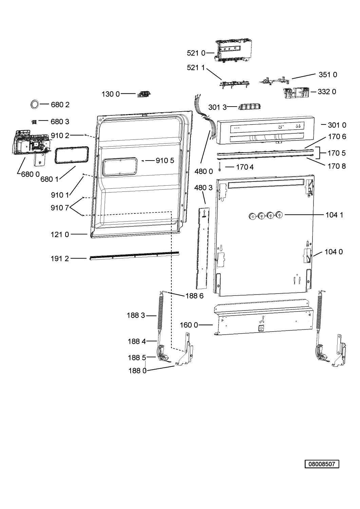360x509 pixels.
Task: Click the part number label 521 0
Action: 196,53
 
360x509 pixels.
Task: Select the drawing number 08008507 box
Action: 322,464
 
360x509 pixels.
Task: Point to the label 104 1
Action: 334,215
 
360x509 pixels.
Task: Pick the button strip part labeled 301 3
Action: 249,107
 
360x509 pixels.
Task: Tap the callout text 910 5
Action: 165,161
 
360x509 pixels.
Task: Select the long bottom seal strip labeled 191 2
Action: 134,256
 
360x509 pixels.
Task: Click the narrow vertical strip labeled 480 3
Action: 203,248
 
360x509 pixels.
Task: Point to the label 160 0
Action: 189,325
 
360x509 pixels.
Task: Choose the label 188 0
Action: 137,371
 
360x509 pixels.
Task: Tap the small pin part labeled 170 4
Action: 220,167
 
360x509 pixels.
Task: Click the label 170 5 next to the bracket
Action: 336,153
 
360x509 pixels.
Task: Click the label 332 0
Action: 327,92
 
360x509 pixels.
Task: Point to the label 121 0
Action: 59,234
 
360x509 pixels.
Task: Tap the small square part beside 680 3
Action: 34,122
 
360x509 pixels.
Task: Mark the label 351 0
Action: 328,75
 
